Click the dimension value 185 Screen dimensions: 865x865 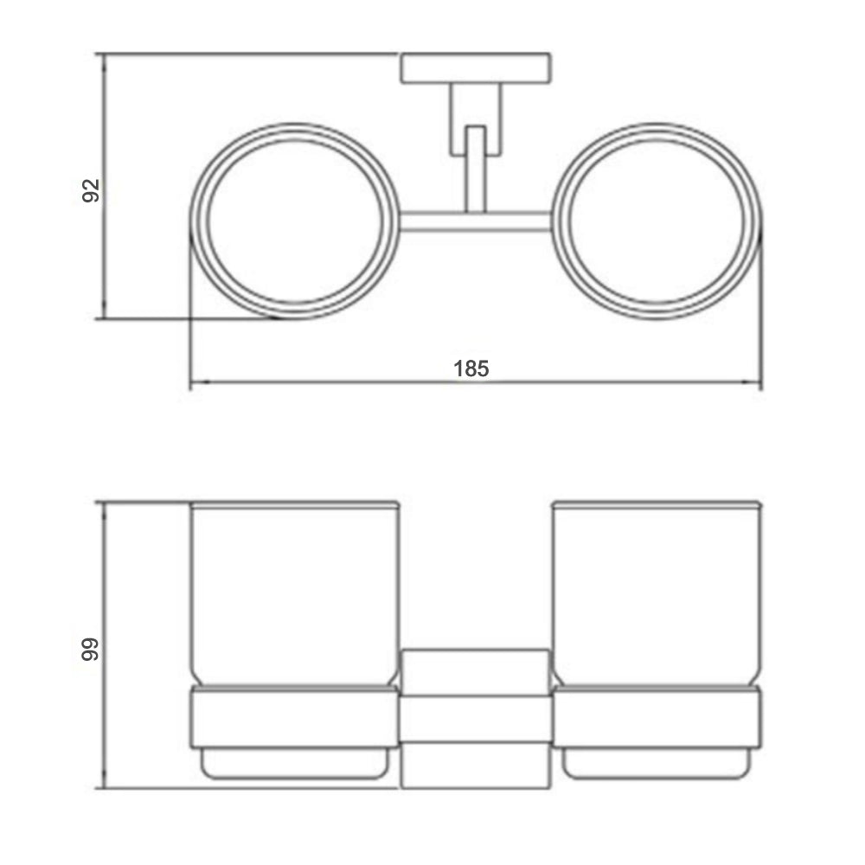(471, 368)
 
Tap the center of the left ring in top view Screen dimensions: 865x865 (294, 221)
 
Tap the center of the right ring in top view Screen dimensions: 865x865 (657, 221)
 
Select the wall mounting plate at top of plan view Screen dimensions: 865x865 (476, 69)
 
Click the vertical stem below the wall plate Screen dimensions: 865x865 (474, 169)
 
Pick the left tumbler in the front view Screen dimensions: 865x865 (294, 597)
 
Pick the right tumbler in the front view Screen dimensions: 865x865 (657, 597)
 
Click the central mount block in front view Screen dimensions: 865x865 (475, 718)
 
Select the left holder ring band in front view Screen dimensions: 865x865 (294, 718)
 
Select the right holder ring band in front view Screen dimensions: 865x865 (657, 718)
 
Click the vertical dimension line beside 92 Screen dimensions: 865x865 (104, 259)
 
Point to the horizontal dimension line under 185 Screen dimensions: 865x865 (346, 381)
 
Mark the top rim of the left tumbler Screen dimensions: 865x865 (294, 503)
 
